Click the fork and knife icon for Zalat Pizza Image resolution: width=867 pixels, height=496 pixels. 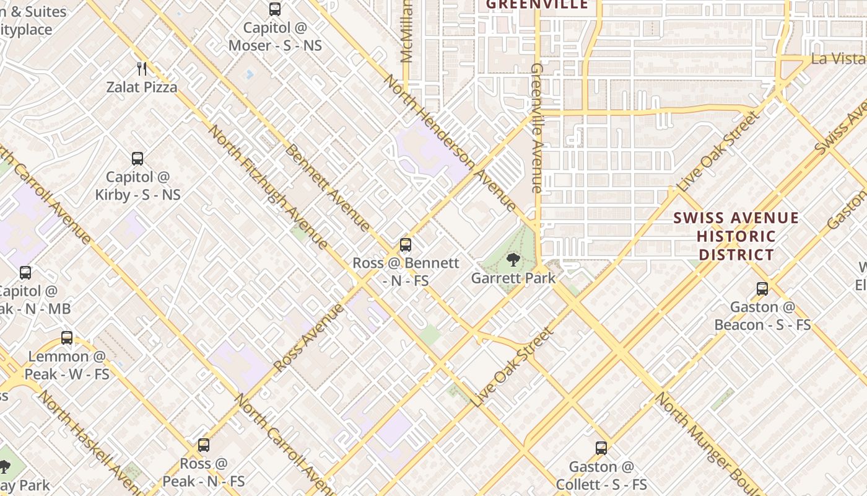[x=142, y=68]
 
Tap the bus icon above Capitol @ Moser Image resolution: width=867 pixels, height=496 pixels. [x=275, y=9]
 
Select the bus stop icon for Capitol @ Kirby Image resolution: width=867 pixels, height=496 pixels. [x=137, y=159]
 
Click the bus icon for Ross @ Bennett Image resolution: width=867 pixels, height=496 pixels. [x=406, y=245]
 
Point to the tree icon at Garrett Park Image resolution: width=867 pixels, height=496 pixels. [x=513, y=260]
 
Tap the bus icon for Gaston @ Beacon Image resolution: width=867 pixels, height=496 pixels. [x=762, y=289]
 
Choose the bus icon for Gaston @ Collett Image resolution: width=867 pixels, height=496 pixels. [x=601, y=448]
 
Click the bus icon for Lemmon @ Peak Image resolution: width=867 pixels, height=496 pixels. [x=67, y=339]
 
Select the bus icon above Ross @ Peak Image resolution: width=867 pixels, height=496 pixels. [x=204, y=445]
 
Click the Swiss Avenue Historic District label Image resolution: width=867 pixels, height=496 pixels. [x=736, y=236]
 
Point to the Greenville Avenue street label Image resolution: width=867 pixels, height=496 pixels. [x=537, y=127]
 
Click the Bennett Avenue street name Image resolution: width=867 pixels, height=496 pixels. [x=328, y=188]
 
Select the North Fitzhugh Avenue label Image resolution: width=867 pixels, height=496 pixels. [x=268, y=186]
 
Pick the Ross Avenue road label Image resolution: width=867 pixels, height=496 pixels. [x=308, y=338]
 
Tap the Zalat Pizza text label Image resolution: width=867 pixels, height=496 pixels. [x=142, y=87]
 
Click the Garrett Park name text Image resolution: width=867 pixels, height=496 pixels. [x=513, y=278]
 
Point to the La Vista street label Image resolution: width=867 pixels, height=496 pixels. [x=838, y=59]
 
